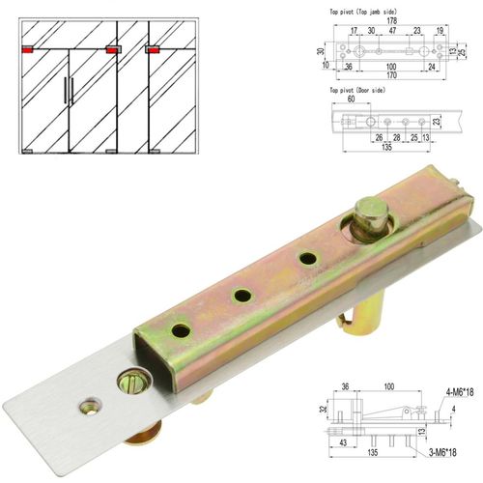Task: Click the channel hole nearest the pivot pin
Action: click(308, 258)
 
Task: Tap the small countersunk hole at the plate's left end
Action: click(89, 402)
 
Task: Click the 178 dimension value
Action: click(392, 19)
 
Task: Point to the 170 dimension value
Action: click(392, 75)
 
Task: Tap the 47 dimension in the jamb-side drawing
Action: click(393, 31)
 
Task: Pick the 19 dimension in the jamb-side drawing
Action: click(440, 31)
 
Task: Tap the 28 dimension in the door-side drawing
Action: click(396, 137)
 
